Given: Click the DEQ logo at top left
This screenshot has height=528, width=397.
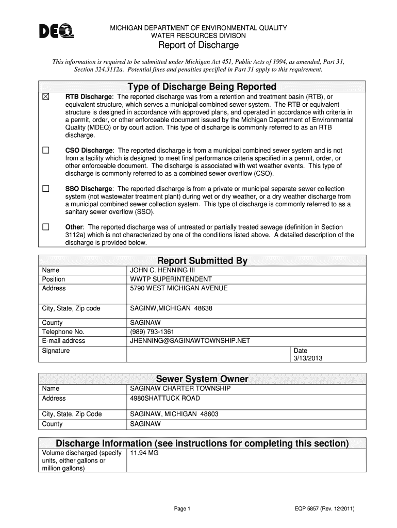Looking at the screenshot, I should [x=57, y=32].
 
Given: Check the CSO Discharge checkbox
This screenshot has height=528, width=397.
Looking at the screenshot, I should [x=45, y=151].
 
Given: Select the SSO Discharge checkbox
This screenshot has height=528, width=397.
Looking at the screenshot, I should [x=45, y=189].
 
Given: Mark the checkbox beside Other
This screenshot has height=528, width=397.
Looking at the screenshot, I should [x=45, y=227].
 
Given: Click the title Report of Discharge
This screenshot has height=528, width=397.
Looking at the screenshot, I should [x=198, y=45].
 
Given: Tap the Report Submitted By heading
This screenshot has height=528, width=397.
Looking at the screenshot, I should [x=202, y=260].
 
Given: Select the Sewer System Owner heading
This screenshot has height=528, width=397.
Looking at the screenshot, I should [x=202, y=379].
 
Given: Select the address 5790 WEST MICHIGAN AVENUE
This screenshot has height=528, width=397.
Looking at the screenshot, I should [x=178, y=288].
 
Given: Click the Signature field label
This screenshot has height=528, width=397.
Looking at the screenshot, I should [x=56, y=351].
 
